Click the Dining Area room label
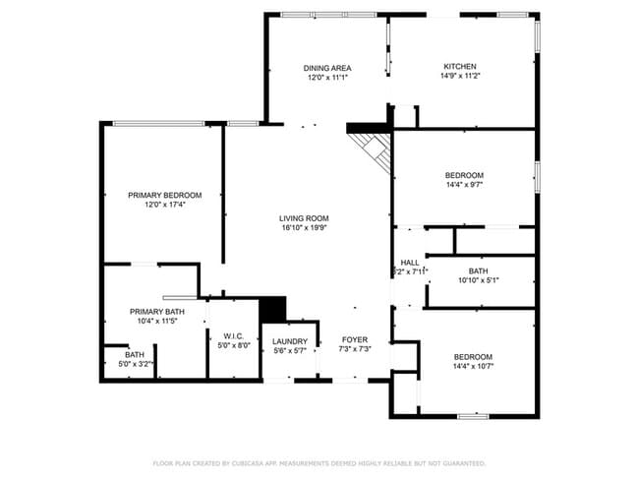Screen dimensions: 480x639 click(x=328, y=68)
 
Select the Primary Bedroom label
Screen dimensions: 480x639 click(x=164, y=195)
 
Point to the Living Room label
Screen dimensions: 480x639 click(x=304, y=218)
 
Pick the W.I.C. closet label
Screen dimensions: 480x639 click(x=233, y=335)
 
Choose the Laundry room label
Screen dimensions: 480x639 click(x=289, y=341)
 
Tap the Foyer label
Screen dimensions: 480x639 click(x=355, y=340)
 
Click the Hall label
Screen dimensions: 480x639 click(x=410, y=263)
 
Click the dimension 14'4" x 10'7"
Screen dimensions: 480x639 click(x=473, y=366)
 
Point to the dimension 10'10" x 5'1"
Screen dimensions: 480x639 click(x=478, y=280)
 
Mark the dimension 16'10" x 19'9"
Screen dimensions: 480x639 click(x=304, y=227)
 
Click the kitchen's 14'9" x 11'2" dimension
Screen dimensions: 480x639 click(x=460, y=77)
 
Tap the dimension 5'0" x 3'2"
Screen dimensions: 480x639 click(x=135, y=363)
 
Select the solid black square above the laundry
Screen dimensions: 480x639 click(x=271, y=308)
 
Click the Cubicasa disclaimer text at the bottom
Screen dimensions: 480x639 click(x=319, y=462)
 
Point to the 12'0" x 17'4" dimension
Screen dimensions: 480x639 click(x=164, y=205)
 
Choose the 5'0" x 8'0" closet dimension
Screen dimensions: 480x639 click(x=233, y=345)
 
